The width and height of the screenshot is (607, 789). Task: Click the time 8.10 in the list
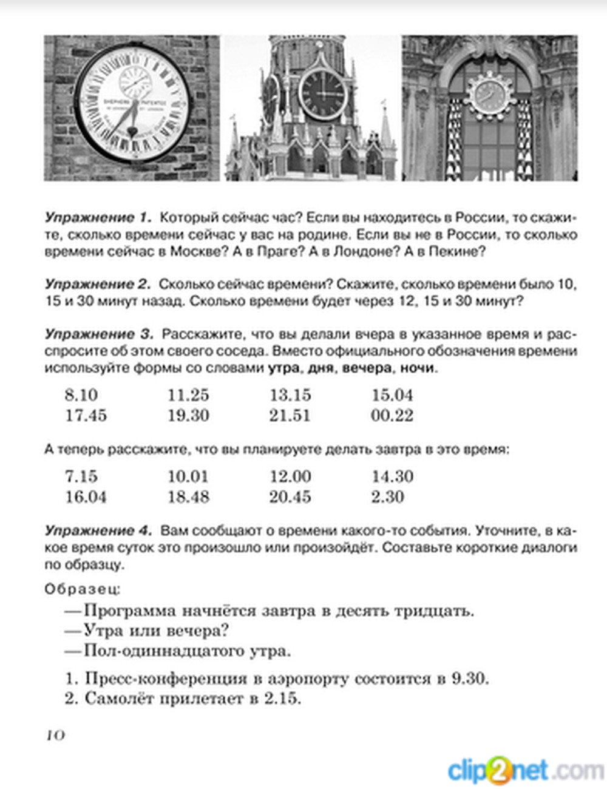(81, 395)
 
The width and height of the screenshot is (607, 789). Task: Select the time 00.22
(392, 416)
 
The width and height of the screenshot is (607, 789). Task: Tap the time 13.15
(290, 395)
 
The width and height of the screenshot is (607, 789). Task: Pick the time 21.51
(290, 416)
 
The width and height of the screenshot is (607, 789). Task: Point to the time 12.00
(290, 476)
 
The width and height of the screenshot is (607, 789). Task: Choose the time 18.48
(188, 497)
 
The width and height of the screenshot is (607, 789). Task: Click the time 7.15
(81, 476)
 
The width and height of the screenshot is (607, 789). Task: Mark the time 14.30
(392, 476)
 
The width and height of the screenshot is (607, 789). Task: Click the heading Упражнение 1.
(97, 218)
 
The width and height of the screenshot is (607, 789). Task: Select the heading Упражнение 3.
(97, 334)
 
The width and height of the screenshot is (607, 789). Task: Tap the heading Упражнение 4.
(97, 531)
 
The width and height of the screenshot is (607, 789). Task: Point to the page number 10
(55, 736)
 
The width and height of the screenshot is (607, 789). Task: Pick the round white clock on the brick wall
(132, 103)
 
